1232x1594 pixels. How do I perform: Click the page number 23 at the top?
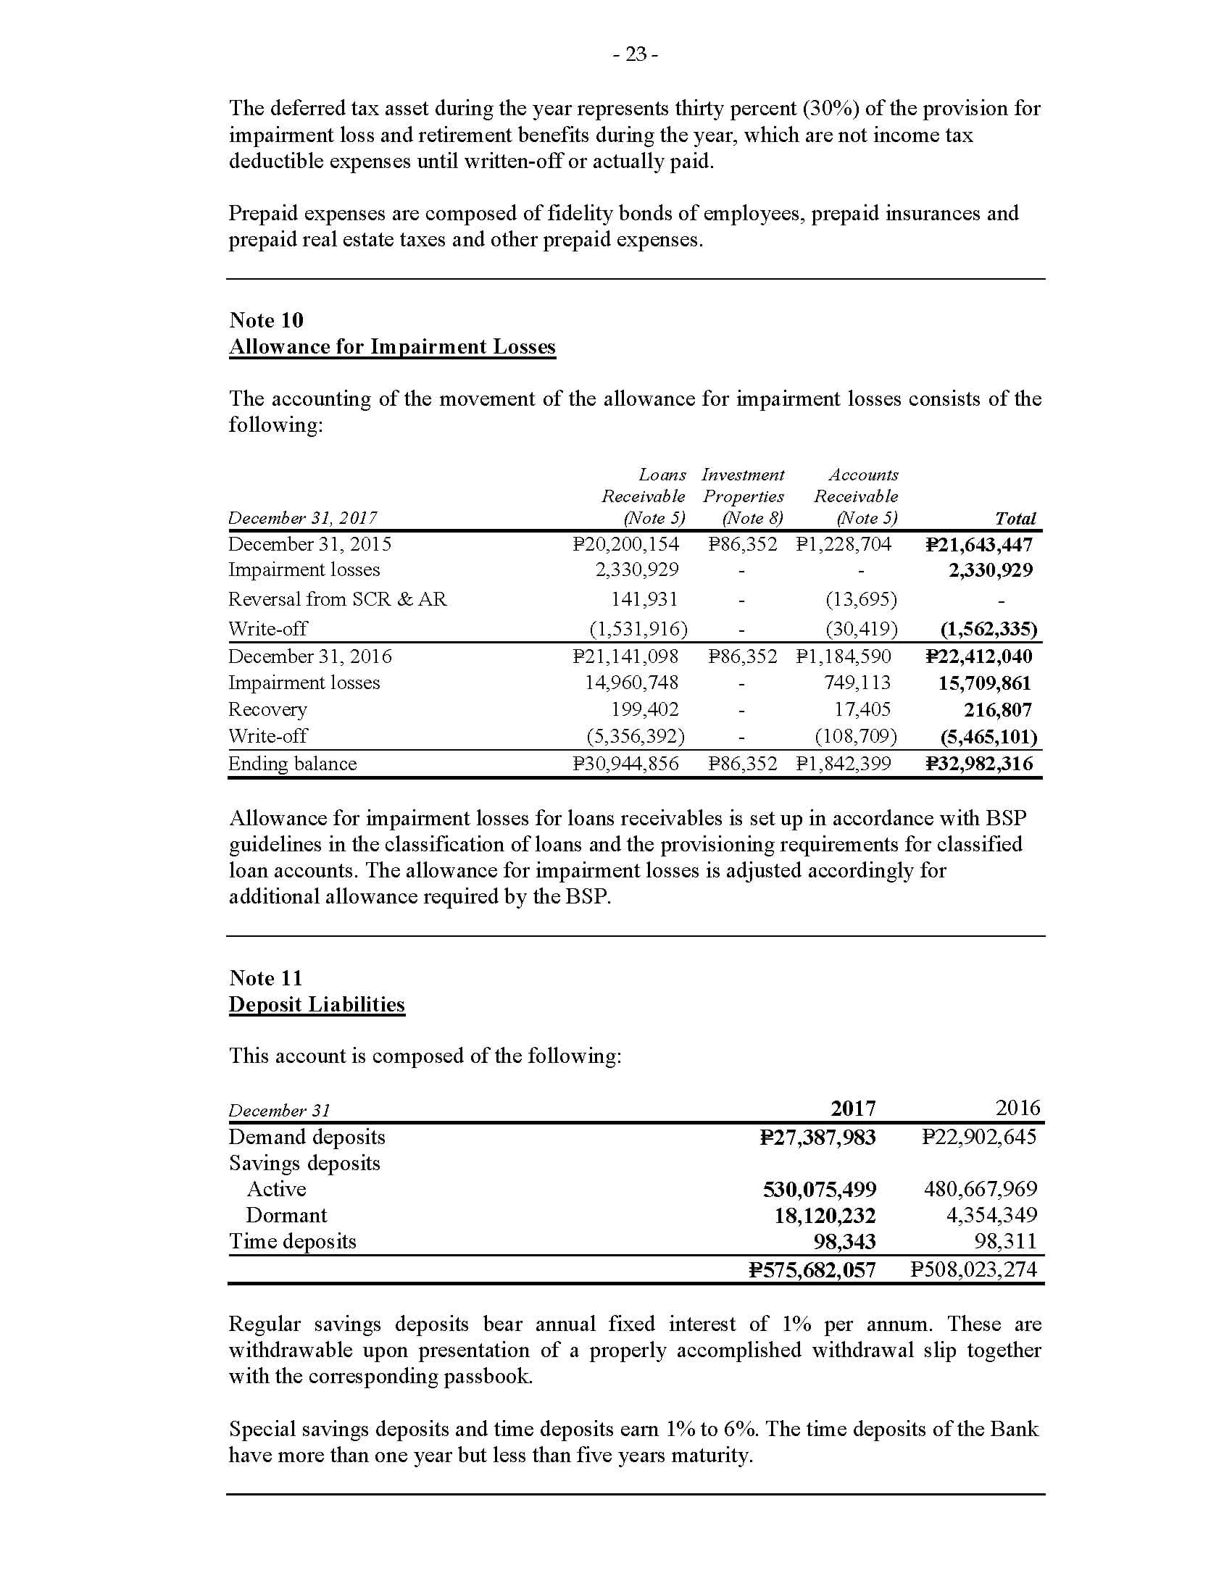636,54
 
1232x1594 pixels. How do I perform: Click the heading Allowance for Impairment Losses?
392,346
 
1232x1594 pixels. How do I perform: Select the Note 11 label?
266,977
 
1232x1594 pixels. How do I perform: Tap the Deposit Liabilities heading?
317,1004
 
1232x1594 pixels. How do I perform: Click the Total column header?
1015,518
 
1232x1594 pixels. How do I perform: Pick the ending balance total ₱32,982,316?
980,764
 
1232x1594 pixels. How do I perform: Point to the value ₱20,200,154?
625,543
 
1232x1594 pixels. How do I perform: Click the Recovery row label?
267,709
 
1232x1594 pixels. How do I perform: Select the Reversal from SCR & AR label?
337,599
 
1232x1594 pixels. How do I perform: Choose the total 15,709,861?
985,683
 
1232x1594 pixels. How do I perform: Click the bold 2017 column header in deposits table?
852,1109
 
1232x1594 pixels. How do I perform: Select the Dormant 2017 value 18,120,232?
825,1216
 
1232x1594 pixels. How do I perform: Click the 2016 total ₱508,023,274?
973,1269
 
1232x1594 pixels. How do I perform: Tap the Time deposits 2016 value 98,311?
1005,1241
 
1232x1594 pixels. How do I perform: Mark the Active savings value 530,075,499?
819,1190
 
